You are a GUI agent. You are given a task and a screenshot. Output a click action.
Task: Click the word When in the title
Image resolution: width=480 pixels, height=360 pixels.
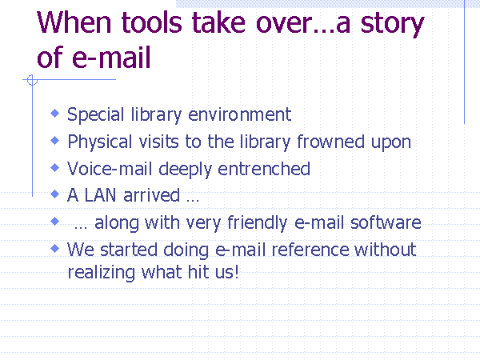(x=74, y=22)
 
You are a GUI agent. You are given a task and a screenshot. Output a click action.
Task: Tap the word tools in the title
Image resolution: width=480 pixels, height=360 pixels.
(x=152, y=22)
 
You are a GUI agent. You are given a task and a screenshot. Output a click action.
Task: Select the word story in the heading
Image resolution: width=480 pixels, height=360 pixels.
(x=392, y=25)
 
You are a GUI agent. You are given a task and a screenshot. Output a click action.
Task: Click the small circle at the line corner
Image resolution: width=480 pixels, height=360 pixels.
(x=32, y=80)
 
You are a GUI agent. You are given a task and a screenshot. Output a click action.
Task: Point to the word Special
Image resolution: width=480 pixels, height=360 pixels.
(x=95, y=114)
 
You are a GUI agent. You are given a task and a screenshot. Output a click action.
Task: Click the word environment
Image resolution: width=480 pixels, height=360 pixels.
(x=239, y=114)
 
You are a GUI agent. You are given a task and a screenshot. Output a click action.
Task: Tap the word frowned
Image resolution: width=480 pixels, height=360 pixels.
(x=330, y=142)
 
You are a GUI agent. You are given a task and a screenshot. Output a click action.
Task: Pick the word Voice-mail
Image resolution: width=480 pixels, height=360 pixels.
(x=110, y=169)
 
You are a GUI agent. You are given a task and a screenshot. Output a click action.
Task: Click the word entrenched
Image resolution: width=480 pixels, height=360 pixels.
(x=264, y=169)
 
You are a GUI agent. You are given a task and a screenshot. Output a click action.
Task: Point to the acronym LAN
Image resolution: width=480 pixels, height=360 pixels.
(x=100, y=195)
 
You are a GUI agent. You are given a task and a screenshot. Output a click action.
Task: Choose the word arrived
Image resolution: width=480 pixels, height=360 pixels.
(x=151, y=195)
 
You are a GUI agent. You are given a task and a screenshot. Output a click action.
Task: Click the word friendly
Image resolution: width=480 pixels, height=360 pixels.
(x=257, y=223)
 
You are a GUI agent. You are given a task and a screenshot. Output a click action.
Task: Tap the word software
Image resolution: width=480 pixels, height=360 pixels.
(x=386, y=222)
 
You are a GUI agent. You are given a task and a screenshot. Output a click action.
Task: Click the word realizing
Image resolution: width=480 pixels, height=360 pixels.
(x=101, y=273)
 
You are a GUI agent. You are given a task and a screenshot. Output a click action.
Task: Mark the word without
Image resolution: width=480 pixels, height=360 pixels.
(x=386, y=249)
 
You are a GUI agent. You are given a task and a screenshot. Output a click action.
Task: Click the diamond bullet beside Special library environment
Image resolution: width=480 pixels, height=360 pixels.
(x=54, y=114)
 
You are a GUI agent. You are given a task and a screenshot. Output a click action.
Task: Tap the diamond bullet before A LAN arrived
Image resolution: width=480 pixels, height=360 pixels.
(x=54, y=194)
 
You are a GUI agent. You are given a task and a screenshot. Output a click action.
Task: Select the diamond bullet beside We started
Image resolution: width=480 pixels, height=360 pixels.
(x=54, y=248)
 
